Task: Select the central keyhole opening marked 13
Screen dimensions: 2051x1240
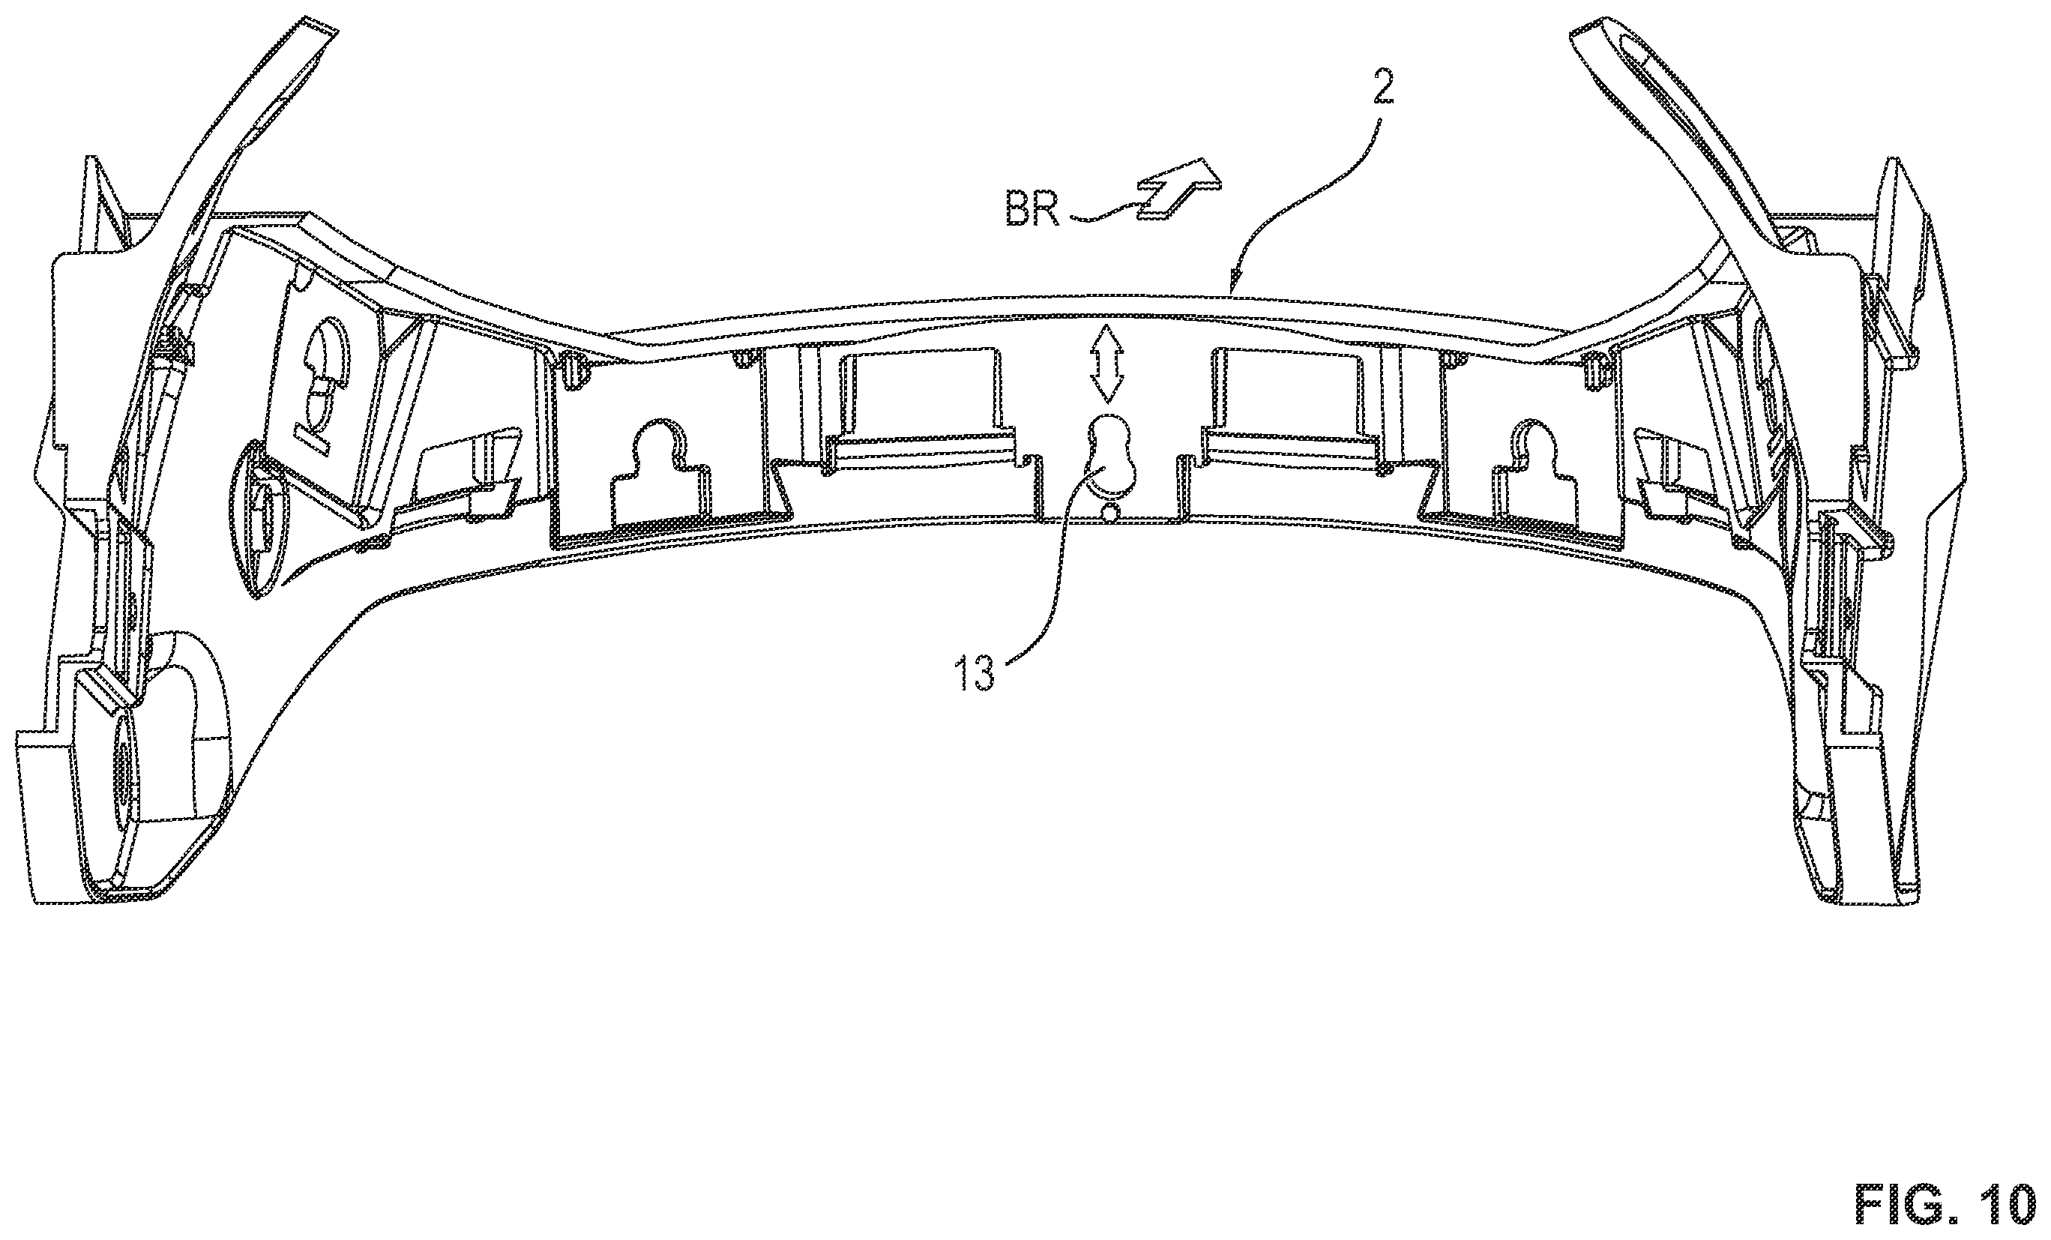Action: (x=1109, y=454)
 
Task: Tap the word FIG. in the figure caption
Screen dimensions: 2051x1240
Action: (x=1900, y=1203)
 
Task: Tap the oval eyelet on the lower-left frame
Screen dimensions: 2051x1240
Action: (x=257, y=519)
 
